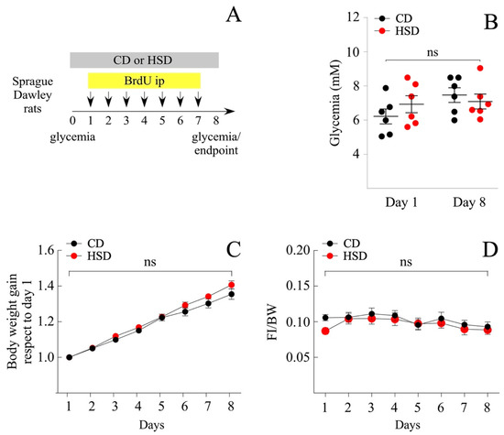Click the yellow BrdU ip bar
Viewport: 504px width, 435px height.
point(144,81)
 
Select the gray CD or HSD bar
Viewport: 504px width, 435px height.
point(144,60)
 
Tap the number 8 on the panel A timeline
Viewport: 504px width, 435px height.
point(215,120)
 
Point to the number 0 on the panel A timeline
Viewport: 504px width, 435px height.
point(73,120)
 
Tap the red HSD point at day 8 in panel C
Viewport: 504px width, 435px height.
point(230,285)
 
